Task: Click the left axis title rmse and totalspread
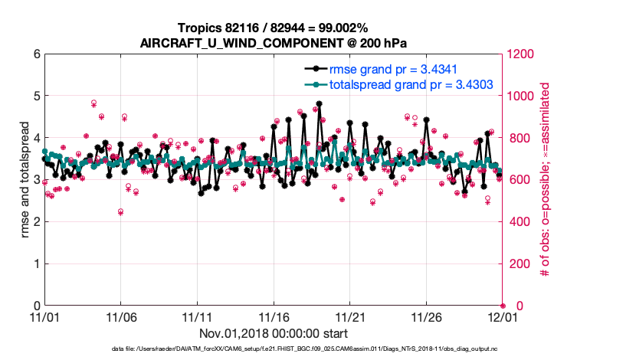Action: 23,180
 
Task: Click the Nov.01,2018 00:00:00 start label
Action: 273,333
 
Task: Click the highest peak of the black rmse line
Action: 319,103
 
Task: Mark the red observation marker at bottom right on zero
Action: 503,306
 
